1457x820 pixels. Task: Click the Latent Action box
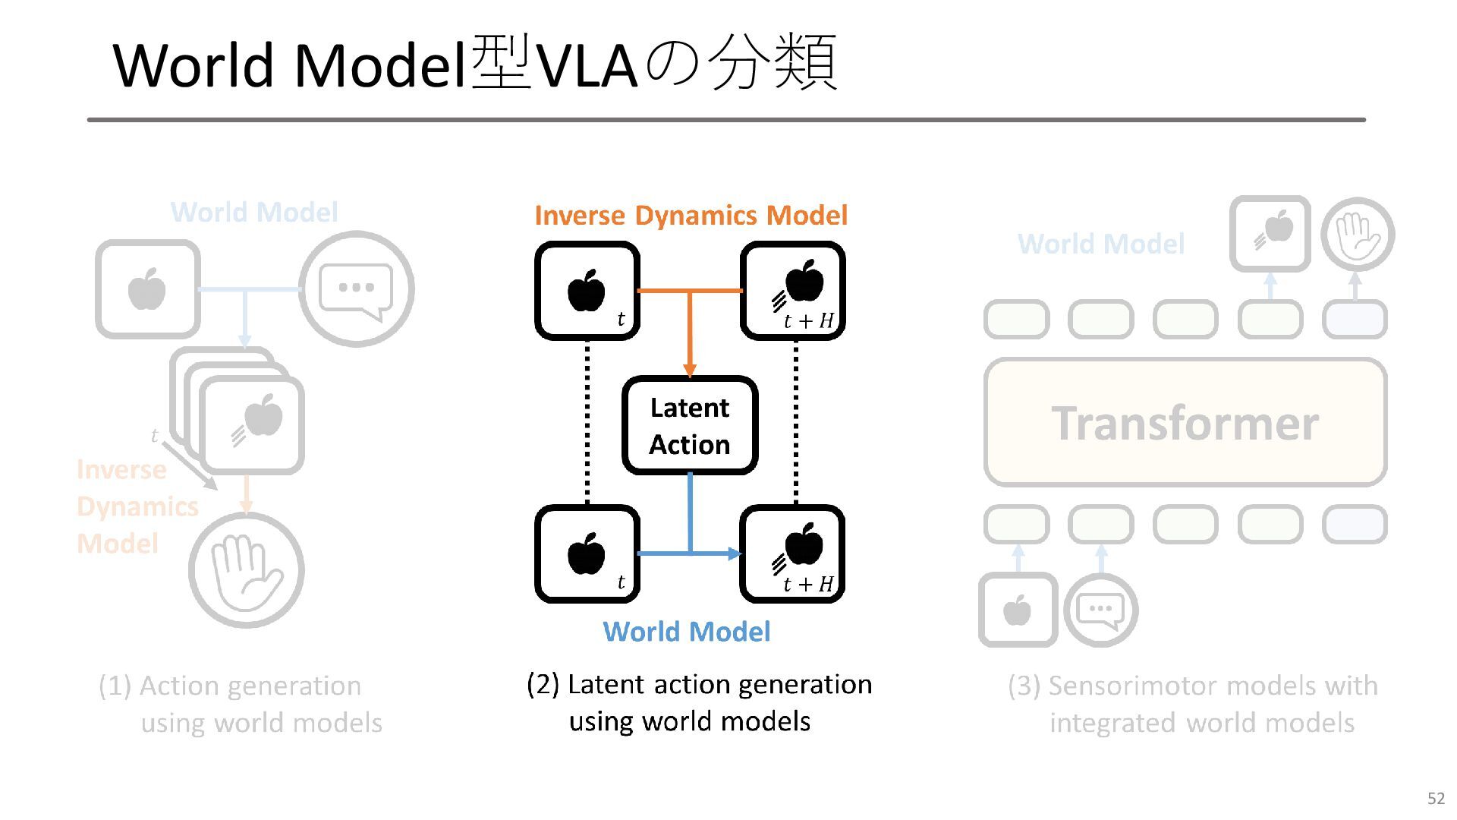pos(690,425)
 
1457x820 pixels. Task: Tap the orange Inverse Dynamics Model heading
pos(691,216)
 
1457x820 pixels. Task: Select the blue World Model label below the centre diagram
pos(687,632)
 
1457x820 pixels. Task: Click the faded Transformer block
pos(1185,422)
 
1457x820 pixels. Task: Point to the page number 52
pos(1436,798)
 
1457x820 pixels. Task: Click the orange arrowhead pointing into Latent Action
pos(690,371)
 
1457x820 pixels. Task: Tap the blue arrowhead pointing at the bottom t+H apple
pos(735,553)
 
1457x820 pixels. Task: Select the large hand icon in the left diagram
pos(246,570)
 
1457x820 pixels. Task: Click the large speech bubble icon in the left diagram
pos(357,289)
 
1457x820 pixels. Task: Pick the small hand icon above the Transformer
pos(1358,234)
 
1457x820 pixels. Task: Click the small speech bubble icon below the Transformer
pos(1100,610)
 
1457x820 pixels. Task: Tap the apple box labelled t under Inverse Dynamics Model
pos(587,291)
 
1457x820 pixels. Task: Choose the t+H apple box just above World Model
pos(793,554)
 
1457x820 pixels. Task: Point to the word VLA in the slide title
pos(586,65)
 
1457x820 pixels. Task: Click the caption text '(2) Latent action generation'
pos(699,685)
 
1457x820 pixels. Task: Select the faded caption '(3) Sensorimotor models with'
pos(1193,686)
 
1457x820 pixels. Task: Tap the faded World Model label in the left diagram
pos(254,213)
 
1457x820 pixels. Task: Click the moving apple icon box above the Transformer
pos(1270,234)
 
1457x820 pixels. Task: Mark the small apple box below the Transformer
pos(1018,610)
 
